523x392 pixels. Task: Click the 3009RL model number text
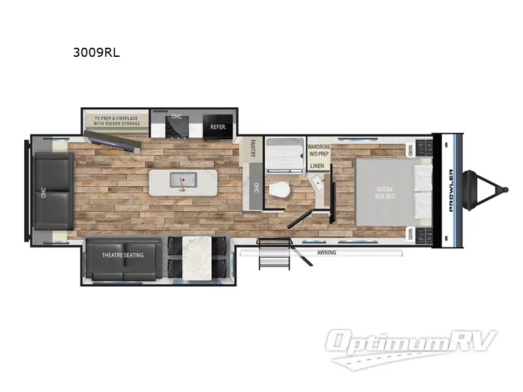coord(96,54)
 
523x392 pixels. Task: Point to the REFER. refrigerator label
coord(218,127)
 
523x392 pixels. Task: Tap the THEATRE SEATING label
coord(122,255)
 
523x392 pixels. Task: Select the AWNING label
coord(326,252)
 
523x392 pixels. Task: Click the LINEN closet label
coord(317,166)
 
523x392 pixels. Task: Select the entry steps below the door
coord(270,255)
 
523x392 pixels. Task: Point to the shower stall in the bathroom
coord(285,154)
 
